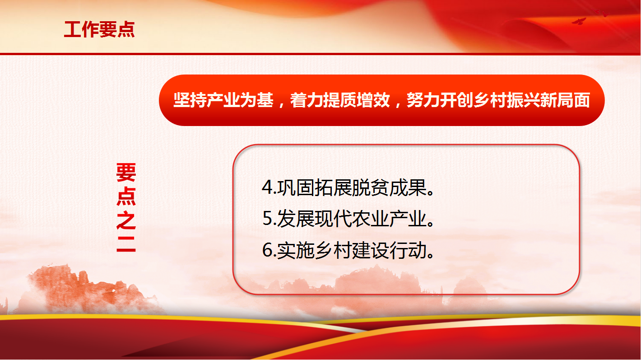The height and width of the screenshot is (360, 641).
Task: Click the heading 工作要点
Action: pos(99,29)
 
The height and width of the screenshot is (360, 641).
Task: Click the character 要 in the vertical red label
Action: pos(126,173)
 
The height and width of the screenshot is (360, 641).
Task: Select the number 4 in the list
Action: pos(267,187)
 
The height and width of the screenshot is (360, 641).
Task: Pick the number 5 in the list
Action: pos(267,219)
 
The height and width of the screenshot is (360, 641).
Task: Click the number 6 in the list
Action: pos(267,250)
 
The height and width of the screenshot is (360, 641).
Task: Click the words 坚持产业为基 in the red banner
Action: pos(223,100)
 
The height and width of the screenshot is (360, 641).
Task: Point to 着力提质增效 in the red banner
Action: pos(340,100)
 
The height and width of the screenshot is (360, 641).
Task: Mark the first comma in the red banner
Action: pos(281,105)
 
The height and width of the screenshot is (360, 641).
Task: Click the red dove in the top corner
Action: pos(579,21)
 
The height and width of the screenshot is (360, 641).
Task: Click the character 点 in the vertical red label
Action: pos(126,196)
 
